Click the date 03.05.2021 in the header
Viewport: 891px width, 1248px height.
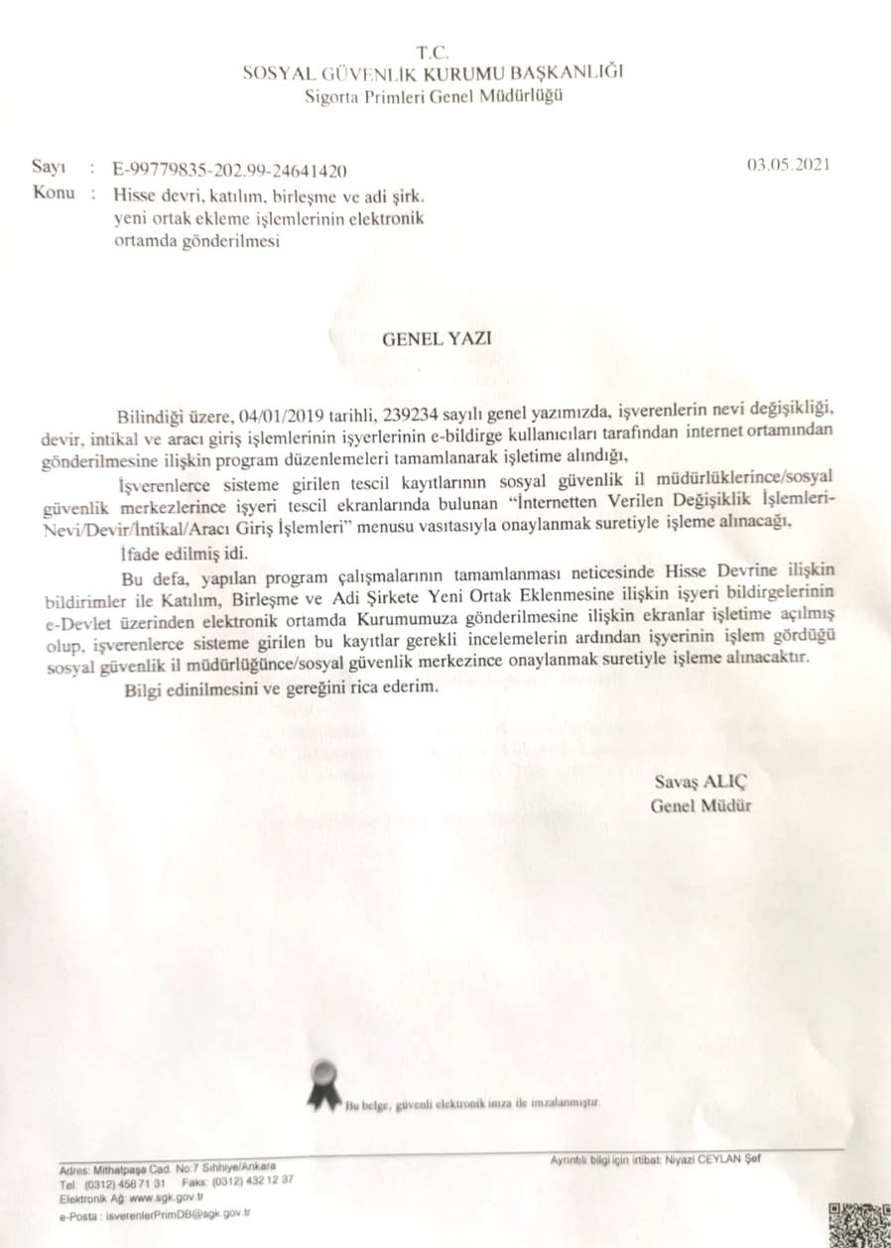tap(788, 165)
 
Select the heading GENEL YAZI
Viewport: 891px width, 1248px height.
tap(438, 337)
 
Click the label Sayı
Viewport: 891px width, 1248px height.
tap(48, 170)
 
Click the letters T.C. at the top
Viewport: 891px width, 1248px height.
tap(435, 51)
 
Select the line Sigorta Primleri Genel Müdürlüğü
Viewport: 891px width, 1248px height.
tap(435, 95)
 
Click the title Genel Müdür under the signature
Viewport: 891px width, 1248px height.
tap(700, 806)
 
